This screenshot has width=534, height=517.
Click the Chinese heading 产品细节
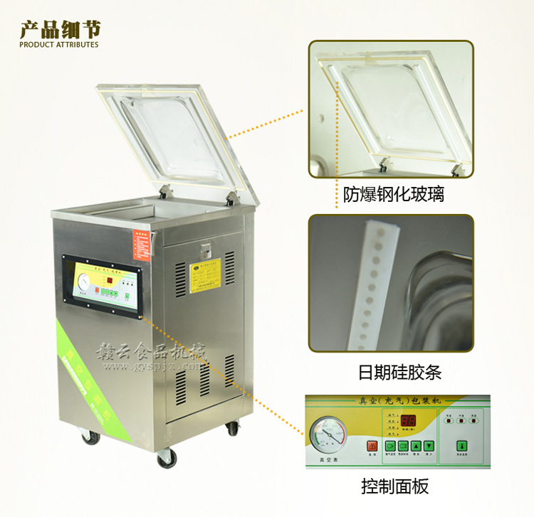[x=60, y=29]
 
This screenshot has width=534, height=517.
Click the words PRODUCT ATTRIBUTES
[x=59, y=45]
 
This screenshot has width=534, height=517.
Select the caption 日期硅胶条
[x=393, y=372]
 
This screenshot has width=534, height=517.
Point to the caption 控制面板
[x=394, y=487]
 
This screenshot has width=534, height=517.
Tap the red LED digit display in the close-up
[x=408, y=420]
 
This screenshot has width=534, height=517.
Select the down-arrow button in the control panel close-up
[x=429, y=447]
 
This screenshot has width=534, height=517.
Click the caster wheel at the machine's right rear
[x=231, y=429]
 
